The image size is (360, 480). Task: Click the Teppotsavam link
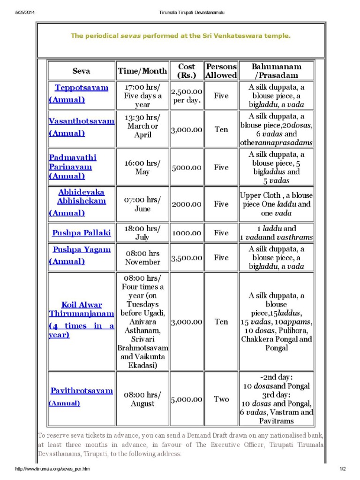point(81,88)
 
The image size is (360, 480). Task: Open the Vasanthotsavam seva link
point(81,121)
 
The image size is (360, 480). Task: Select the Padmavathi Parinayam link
point(73,162)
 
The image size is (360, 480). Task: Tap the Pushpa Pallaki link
point(82,232)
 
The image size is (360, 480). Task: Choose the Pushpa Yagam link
point(82,249)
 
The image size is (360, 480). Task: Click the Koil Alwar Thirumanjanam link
point(82,309)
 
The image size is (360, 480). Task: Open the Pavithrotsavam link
point(82,390)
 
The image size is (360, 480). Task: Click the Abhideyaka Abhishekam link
point(82,196)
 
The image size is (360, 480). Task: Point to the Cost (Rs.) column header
point(187,71)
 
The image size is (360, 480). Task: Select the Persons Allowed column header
point(221,71)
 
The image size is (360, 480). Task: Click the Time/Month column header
point(142,71)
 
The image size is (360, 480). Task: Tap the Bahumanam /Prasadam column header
point(276,71)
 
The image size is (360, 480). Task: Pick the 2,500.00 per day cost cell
point(187,96)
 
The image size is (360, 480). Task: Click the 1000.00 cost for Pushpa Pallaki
point(187,232)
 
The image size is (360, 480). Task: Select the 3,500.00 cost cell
point(187,258)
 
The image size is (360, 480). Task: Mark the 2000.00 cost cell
point(187,204)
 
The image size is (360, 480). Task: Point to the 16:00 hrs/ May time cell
point(142,167)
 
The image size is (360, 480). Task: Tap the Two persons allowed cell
point(221,399)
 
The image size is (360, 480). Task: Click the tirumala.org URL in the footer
point(52,469)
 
